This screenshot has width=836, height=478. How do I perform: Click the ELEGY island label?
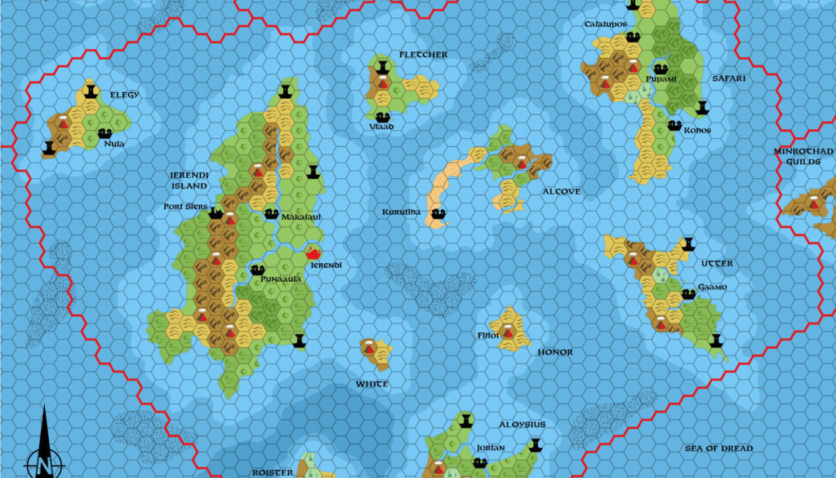pos(124,95)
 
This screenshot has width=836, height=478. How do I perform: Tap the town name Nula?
pos(114,144)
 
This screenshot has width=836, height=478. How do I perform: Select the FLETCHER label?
pos(423,55)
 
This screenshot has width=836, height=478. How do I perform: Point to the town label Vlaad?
pos(380,127)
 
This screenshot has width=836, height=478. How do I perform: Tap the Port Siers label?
pos(185,207)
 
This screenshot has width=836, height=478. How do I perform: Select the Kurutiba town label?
pos(401,212)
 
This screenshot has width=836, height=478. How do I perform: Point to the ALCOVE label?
pos(561,192)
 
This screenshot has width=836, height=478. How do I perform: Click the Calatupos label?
pos(605,25)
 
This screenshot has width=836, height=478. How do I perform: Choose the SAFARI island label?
pos(728,78)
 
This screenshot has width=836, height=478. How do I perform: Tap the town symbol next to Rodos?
pos(674,125)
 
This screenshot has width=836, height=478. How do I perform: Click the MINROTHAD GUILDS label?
pos(804,157)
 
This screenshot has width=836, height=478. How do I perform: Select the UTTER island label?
pos(718,264)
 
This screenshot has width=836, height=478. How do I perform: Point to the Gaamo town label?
pos(712,288)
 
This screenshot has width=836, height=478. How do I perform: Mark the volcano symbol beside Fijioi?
pos(508,332)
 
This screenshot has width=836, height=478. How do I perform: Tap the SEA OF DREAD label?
pos(718,449)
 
